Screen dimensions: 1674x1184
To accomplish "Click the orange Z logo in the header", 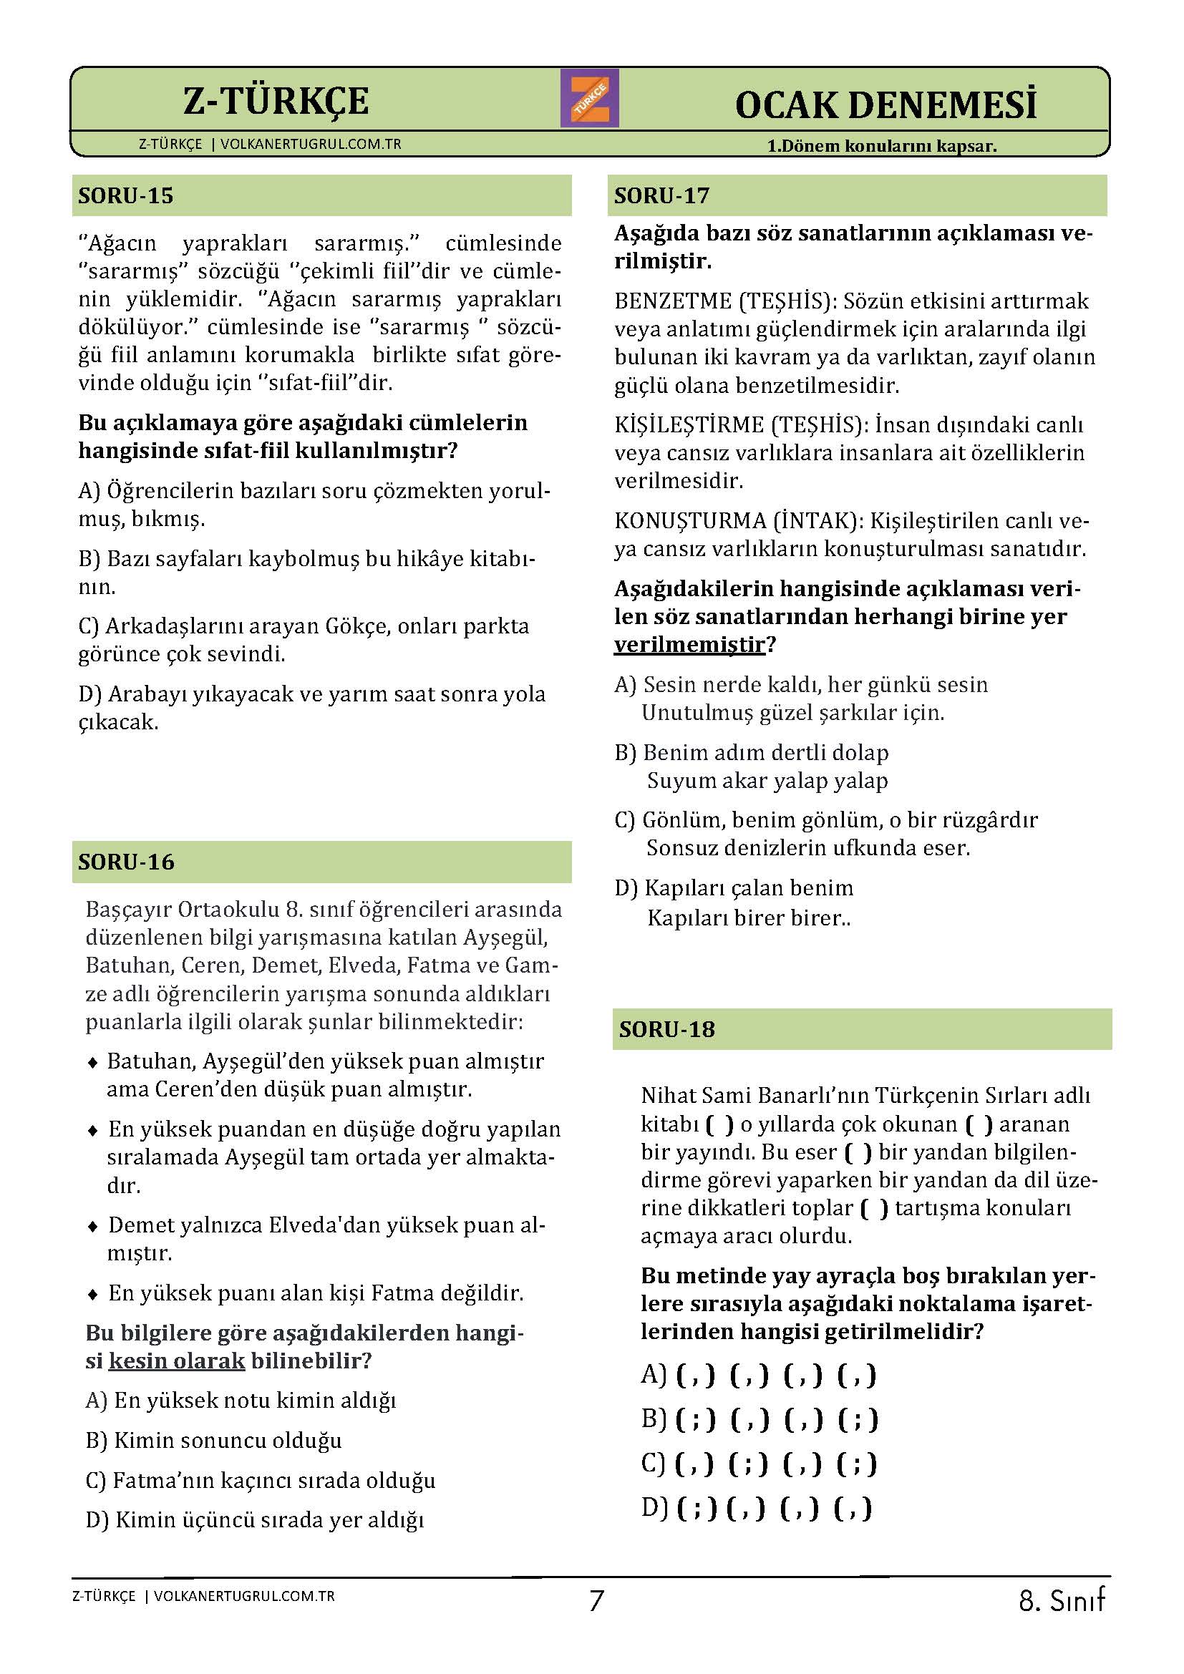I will point(589,98).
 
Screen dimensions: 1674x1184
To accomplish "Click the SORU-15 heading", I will point(125,196).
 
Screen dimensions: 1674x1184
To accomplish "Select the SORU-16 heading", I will point(126,862).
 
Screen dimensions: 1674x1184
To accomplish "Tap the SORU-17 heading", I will point(661,196).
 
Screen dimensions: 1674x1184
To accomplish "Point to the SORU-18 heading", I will point(666,1029).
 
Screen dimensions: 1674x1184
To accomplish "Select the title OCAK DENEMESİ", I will point(885,105).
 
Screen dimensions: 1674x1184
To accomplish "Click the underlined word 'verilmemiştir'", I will point(689,645).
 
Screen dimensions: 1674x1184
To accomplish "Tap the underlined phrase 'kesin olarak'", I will point(176,1361).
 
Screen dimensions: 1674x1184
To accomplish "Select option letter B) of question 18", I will point(654,1418).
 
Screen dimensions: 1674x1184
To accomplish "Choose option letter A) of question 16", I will point(96,1401).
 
